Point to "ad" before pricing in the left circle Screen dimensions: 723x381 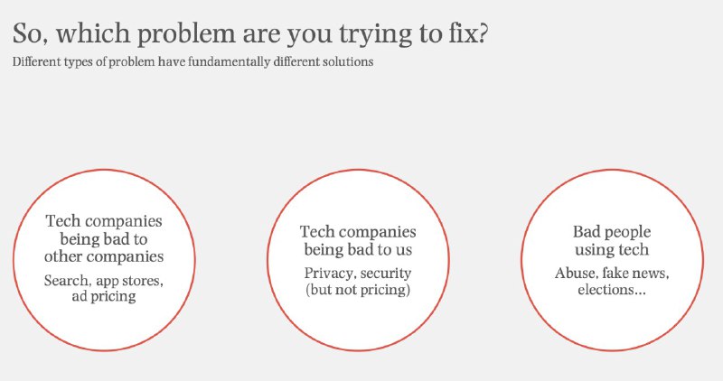point(79,296)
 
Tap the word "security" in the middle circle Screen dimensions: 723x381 point(386,274)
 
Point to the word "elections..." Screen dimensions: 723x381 point(612,290)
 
